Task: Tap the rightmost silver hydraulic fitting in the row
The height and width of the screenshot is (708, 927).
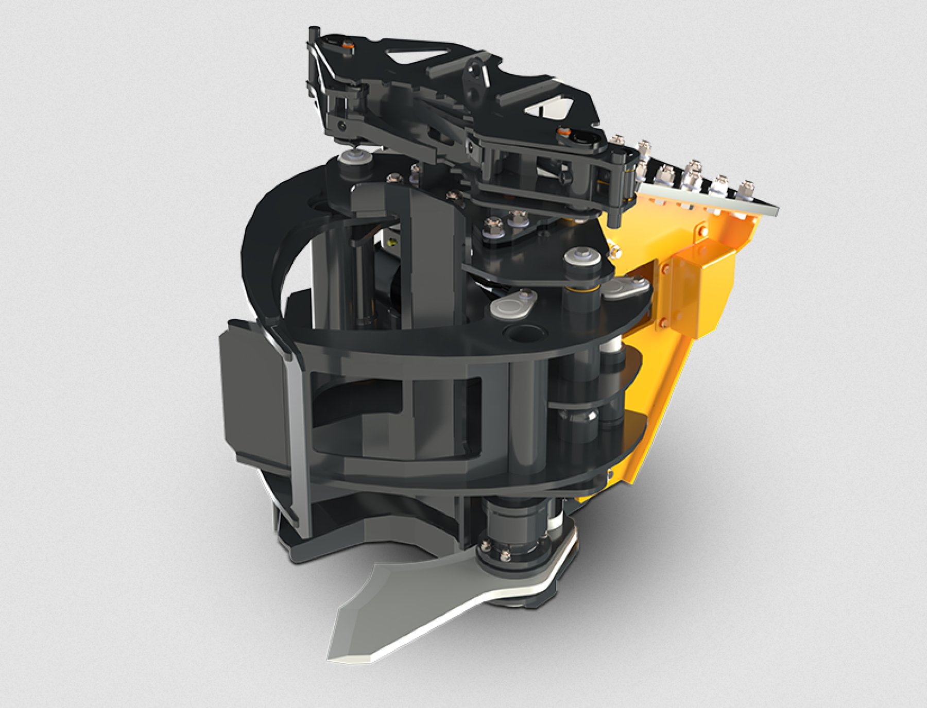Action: pyautogui.click(x=745, y=189)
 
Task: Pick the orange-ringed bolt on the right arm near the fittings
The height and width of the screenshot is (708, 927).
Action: pyautogui.click(x=565, y=133)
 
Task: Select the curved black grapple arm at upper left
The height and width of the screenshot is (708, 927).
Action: pyautogui.click(x=268, y=232)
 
